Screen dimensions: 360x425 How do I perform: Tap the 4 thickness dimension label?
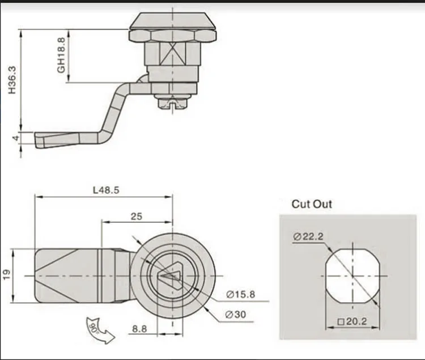(x=15, y=138)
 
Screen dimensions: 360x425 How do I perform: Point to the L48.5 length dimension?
(x=106, y=190)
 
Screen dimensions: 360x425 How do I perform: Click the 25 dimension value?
(x=136, y=216)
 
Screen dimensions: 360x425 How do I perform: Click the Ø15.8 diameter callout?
(x=241, y=294)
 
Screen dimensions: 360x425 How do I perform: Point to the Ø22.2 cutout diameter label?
(x=308, y=237)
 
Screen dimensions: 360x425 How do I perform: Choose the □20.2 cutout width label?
(x=352, y=321)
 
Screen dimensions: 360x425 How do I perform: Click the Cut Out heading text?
(x=312, y=204)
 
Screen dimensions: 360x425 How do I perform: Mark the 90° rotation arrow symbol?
(x=99, y=329)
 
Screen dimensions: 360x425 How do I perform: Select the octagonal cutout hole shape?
(x=351, y=276)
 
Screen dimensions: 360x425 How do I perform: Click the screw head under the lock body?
(x=171, y=103)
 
